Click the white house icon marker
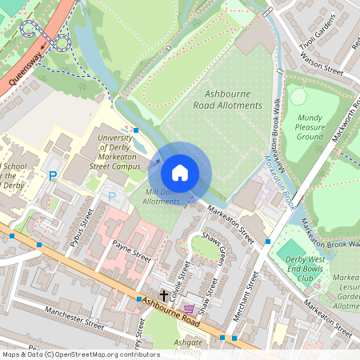point(180,172)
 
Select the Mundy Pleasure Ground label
point(310,126)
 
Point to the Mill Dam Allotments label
point(161,197)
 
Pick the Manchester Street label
point(74,318)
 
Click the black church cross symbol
point(164,295)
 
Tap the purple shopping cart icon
point(189,308)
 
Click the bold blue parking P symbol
point(54,176)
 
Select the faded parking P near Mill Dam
point(112,195)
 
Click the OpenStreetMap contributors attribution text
point(81,354)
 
